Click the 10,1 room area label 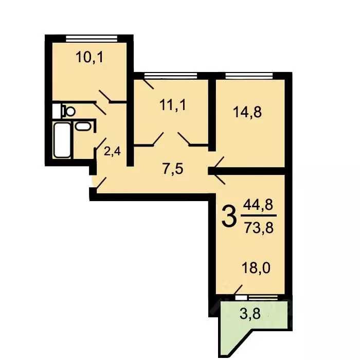[x=90, y=57]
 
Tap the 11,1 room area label [x=172, y=106]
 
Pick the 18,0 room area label [x=256, y=268]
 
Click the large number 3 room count [x=229, y=217]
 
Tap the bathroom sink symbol [x=83, y=127]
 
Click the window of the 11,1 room [x=170, y=75]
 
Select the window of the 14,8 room [x=248, y=75]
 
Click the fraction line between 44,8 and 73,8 [x=258, y=215]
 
